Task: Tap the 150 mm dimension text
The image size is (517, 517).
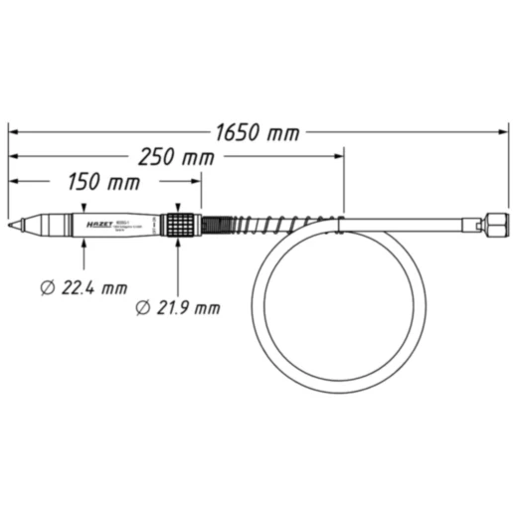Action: tap(103, 183)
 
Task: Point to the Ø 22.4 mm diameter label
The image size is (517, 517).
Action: tap(84, 287)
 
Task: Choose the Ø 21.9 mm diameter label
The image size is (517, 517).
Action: tap(177, 307)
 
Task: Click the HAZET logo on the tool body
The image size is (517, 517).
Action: tap(97, 225)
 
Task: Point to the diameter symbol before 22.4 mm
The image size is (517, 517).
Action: tap(48, 287)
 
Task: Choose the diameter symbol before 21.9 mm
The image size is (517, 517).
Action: tap(142, 307)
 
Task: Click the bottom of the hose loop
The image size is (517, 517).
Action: tap(338, 393)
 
